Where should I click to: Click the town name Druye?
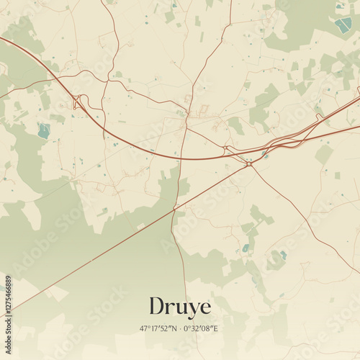(x=180, y=307)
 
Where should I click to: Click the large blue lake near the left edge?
(x=44, y=130)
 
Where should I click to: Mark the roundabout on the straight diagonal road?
(x=249, y=164)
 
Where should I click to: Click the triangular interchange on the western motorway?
(x=77, y=102)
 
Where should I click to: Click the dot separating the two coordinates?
(x=181, y=328)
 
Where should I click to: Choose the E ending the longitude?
(x=217, y=328)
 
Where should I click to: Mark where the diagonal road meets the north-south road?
(x=174, y=210)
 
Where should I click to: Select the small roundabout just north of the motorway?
(x=225, y=148)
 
